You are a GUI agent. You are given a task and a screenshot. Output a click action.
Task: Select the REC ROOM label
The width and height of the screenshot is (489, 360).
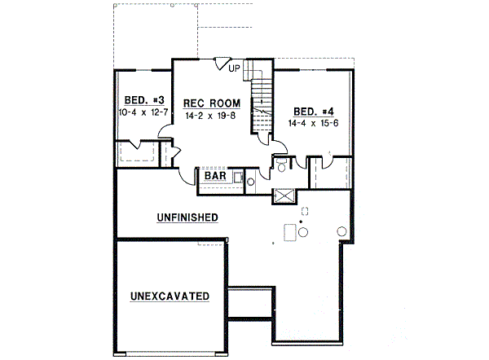click(x=211, y=103)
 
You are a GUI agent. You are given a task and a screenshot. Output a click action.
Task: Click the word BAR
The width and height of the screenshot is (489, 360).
click(x=215, y=175)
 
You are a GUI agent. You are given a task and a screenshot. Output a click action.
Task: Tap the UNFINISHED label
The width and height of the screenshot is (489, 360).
click(x=187, y=217)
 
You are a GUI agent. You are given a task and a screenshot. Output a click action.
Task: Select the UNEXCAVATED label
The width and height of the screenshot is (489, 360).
click(x=169, y=296)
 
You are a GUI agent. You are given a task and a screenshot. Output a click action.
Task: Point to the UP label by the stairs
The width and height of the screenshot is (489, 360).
click(x=235, y=68)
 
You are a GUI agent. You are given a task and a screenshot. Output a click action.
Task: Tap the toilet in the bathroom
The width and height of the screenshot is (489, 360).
click(x=281, y=167)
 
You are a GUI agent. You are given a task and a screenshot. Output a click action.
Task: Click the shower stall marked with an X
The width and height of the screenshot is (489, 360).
click(x=285, y=195)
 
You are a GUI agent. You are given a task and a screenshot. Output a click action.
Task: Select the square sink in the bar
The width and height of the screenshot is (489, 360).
click(x=238, y=176)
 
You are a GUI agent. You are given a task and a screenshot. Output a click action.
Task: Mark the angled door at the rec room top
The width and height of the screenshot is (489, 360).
click(x=222, y=64)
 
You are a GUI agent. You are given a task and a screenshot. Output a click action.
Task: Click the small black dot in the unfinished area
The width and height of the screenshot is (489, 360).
click(x=302, y=221)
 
